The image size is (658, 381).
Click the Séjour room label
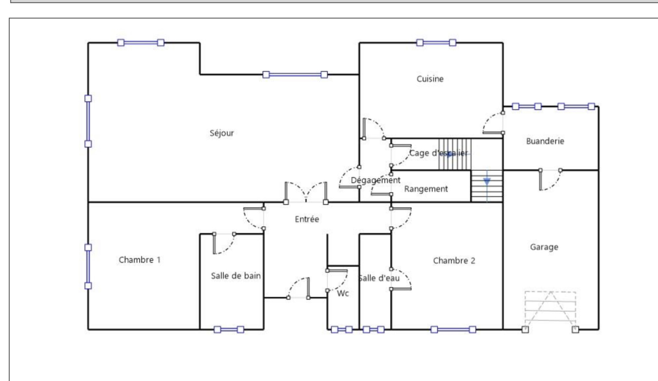[x=222, y=133]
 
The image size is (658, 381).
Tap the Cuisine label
[x=430, y=79]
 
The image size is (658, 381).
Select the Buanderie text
[x=545, y=141]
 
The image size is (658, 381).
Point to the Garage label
[x=544, y=247]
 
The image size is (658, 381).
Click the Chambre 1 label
[x=139, y=260]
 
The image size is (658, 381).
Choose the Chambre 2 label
[x=454, y=261]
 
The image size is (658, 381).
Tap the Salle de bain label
[x=236, y=276]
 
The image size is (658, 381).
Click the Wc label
[x=343, y=293]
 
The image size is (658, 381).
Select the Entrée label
[x=307, y=219]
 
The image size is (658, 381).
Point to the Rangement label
[x=426, y=189]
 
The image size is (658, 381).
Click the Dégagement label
[x=375, y=180]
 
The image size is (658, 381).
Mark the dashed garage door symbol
[x=550, y=311]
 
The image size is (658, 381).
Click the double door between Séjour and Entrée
[x=306, y=192]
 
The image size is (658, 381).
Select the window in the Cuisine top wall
[x=436, y=43]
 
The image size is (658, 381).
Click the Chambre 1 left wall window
[x=88, y=266]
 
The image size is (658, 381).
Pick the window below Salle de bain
[x=229, y=330]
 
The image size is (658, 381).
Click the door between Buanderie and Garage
[x=550, y=180]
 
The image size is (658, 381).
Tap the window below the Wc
[x=342, y=330]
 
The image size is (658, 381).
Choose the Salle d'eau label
[x=379, y=278]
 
